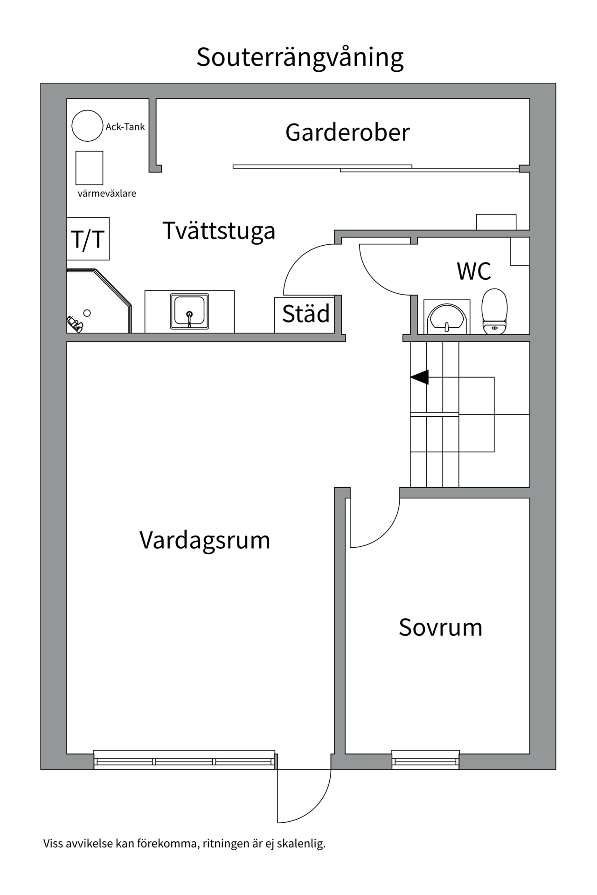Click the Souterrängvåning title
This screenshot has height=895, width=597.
tap(300, 57)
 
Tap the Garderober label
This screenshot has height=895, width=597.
tap(347, 132)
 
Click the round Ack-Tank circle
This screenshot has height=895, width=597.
tap(87, 126)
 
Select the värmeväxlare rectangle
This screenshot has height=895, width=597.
tap(89, 168)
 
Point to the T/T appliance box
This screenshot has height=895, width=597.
tap(88, 239)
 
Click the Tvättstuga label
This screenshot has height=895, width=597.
tap(219, 231)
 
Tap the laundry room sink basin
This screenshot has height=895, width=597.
tap(189, 311)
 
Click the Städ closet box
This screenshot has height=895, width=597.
tap(305, 314)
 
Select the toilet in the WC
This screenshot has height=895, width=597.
tap(494, 311)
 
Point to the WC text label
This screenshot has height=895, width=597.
tap(473, 271)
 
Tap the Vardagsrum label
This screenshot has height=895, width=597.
tap(205, 540)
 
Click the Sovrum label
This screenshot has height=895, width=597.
tap(440, 627)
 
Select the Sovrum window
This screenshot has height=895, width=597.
tap(425, 761)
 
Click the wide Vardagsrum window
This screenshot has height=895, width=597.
tap(184, 761)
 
